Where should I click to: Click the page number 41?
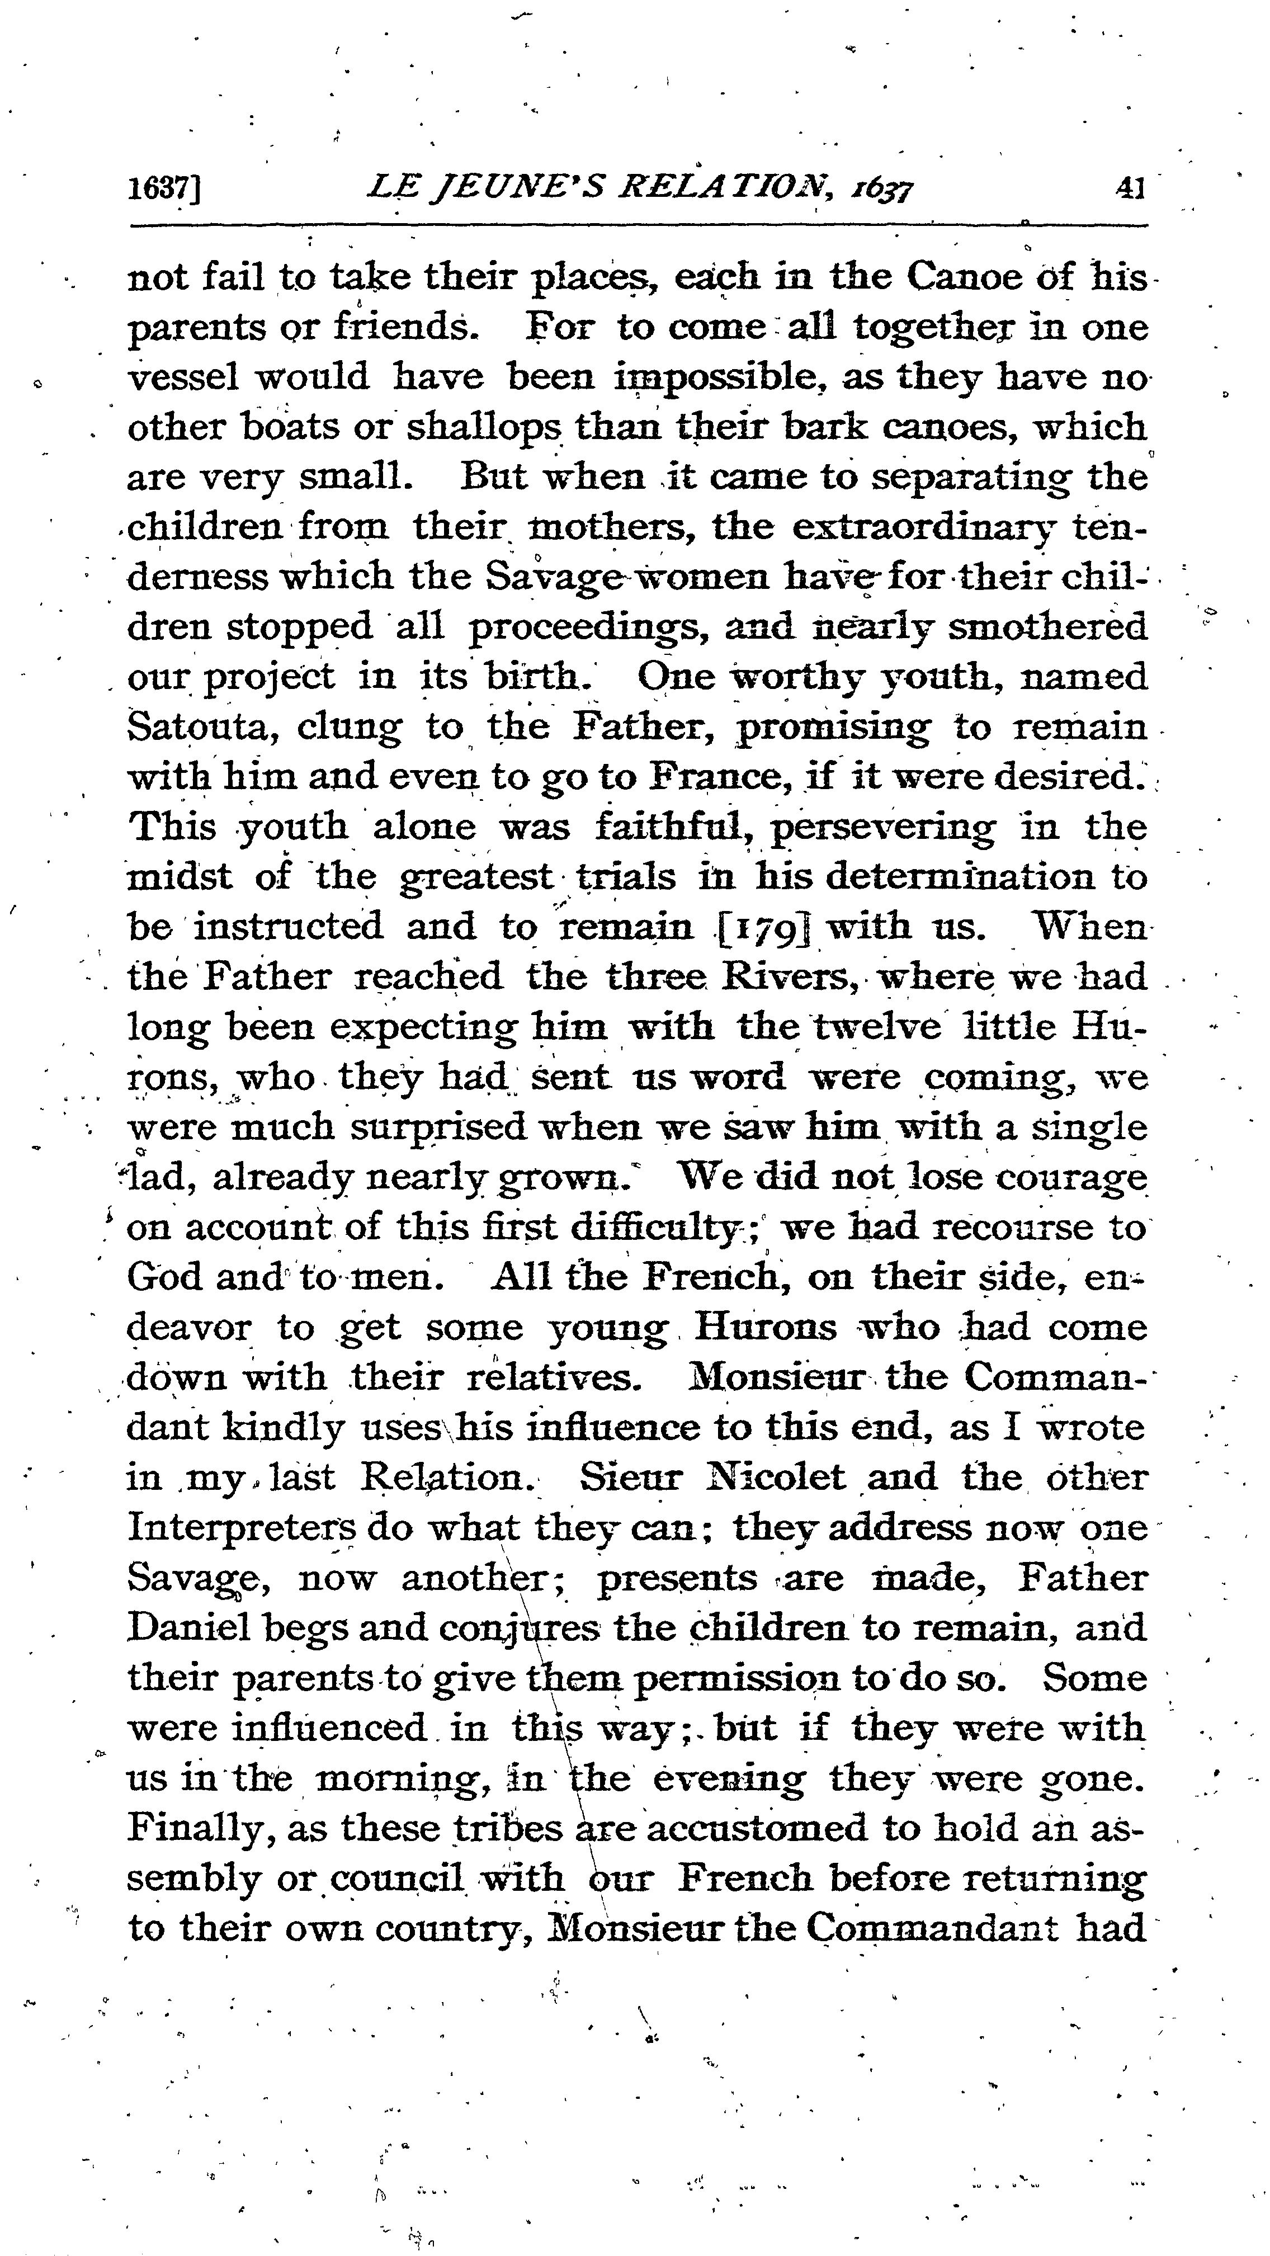click(1129, 188)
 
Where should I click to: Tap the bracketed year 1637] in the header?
click(164, 189)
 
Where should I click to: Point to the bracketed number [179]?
click(766, 927)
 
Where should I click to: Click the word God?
click(166, 1278)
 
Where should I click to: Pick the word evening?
click(730, 1779)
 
